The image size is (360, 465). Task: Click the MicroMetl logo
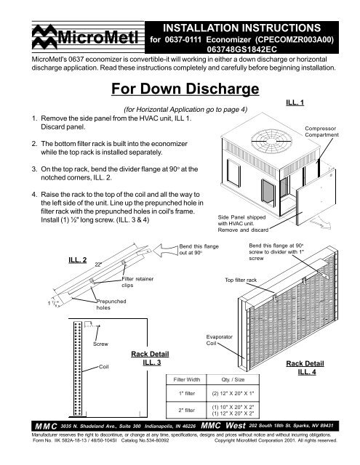point(85,37)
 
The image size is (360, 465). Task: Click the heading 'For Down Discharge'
point(185,89)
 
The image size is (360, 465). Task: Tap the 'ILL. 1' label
point(295,102)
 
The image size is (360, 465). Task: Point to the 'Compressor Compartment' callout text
point(321,132)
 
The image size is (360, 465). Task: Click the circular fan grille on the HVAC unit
point(271,141)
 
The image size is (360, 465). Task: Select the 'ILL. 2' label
point(78,260)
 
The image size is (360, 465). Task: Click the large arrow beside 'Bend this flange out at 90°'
point(166,250)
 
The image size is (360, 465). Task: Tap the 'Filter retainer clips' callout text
point(137,282)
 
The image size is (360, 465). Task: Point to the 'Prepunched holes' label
point(111,304)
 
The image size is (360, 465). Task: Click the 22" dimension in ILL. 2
point(98,264)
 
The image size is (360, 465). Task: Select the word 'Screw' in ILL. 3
point(100,344)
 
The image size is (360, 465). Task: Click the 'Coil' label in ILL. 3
point(103,367)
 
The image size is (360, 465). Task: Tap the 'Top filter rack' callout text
point(241,280)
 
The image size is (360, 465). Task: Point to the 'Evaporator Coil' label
point(220,340)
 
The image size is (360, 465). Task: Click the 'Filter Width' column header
point(187,379)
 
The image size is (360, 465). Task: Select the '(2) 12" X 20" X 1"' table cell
point(233,394)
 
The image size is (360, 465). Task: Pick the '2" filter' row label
point(187,411)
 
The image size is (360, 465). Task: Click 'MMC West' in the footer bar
point(223,426)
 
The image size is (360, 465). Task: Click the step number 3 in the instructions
point(34,169)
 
